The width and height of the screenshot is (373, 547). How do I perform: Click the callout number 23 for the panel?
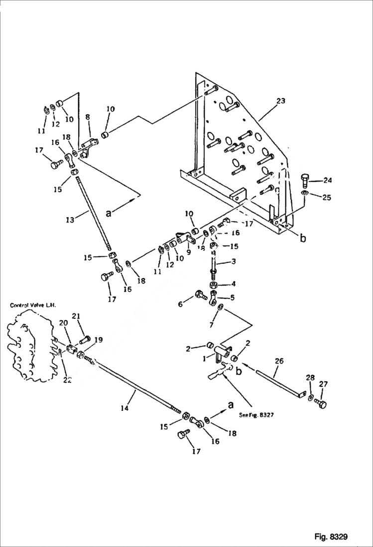click(280, 101)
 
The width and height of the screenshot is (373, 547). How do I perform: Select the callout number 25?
click(326, 197)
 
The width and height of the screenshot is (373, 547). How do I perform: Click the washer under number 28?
click(310, 398)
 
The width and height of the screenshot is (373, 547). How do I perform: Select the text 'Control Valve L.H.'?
click(33, 305)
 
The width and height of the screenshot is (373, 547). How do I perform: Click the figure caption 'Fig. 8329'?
click(331, 537)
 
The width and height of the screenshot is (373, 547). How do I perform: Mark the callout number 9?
click(189, 252)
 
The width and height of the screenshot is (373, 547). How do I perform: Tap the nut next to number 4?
click(212, 285)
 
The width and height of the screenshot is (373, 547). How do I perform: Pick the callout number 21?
click(76, 316)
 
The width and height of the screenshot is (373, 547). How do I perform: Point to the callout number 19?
click(99, 340)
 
